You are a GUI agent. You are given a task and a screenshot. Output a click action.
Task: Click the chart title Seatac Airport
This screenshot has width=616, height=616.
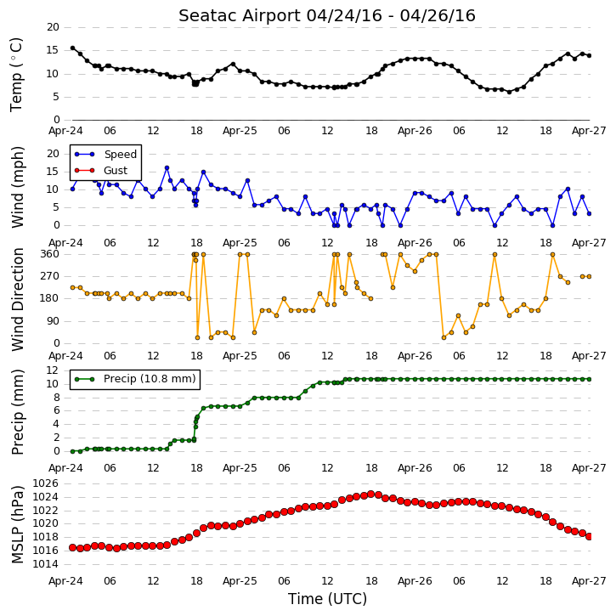pyautogui.click(x=240, y=15)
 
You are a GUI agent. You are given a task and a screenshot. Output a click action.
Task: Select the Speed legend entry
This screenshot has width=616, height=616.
pyautogui.click(x=105, y=154)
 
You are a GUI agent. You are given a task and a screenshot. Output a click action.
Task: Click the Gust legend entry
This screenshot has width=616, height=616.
pyautogui.click(x=101, y=170)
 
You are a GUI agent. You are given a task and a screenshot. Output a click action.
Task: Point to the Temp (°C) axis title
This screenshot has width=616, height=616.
pyautogui.click(x=16, y=75)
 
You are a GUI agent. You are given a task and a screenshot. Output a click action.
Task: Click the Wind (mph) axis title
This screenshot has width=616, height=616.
pyautogui.click(x=17, y=187)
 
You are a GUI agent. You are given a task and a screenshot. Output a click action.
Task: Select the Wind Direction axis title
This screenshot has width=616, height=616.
pyautogui.click(x=17, y=299)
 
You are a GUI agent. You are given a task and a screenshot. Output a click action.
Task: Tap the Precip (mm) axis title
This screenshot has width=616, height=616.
pyautogui.click(x=17, y=412)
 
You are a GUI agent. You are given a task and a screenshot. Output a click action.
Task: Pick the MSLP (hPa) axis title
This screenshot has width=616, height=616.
pyautogui.click(x=17, y=524)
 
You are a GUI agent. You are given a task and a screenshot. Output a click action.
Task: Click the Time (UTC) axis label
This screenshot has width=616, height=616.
pyautogui.click(x=327, y=599)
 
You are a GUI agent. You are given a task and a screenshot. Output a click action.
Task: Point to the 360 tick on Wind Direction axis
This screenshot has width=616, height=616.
pyautogui.click(x=50, y=254)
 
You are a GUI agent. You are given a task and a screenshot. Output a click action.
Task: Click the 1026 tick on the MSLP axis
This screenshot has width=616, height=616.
pyautogui.click(x=46, y=483)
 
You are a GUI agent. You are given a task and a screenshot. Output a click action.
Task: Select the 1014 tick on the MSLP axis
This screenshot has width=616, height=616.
pyautogui.click(x=46, y=564)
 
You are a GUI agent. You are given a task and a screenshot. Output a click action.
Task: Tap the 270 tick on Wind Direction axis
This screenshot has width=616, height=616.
pyautogui.click(x=50, y=276)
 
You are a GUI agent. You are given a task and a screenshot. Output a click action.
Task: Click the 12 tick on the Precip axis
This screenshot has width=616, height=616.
pyautogui.click(x=53, y=370)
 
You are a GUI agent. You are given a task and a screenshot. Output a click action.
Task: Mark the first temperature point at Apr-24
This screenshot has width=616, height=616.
pyautogui.click(x=73, y=48)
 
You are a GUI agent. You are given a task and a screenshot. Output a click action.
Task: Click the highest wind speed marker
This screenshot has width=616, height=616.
pyautogui.click(x=167, y=167)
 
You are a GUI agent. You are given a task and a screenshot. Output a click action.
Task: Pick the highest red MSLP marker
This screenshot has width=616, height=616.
pyautogui.click(x=370, y=494)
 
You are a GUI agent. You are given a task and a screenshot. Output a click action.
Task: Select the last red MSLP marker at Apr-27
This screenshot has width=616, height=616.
pyautogui.click(x=589, y=536)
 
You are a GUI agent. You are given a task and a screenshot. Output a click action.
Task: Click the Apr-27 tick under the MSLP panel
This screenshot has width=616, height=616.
pyautogui.click(x=589, y=580)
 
